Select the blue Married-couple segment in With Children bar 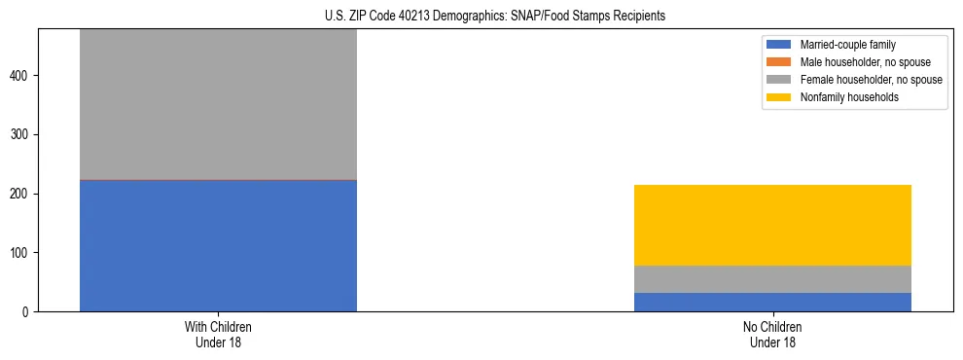pos(218,245)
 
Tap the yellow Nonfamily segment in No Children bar pos(772,225)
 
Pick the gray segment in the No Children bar pos(772,279)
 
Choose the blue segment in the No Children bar pos(772,302)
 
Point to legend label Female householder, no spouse pos(871,80)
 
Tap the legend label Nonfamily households pos(842,97)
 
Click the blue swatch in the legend pos(779,45)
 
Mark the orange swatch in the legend pos(779,62)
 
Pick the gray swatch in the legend pos(779,80)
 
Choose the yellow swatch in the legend pos(779,97)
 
